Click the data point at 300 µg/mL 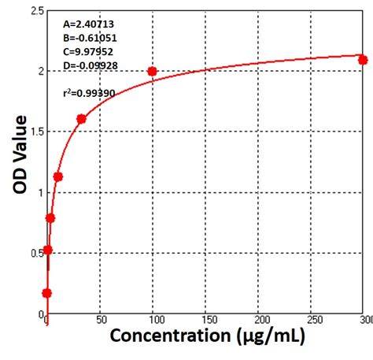[363, 60]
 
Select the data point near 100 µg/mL [153, 72]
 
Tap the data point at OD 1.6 [81, 119]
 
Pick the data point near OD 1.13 [57, 176]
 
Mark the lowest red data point [46, 293]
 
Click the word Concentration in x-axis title [168, 336]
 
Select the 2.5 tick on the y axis [35, 11]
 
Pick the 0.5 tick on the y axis [35, 254]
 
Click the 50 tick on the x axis [102, 321]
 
